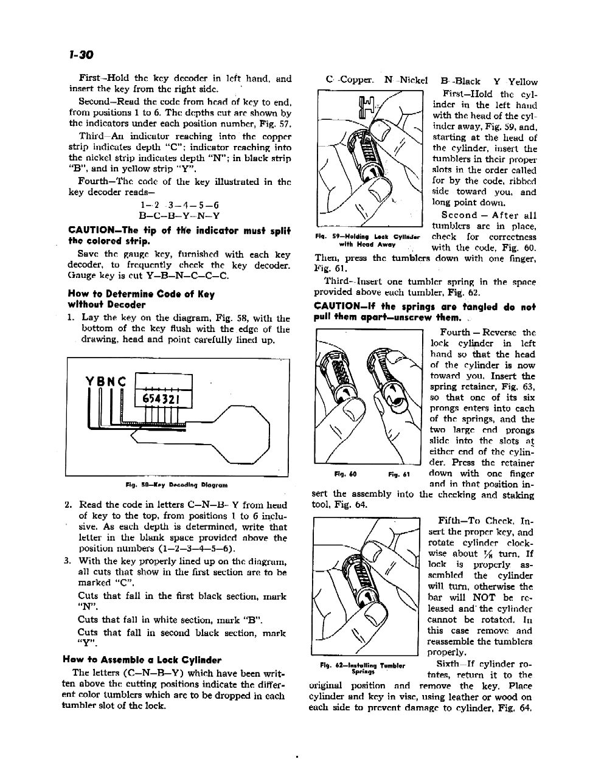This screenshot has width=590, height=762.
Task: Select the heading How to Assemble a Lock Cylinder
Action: tap(142, 660)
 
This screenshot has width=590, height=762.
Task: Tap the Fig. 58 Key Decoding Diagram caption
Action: tap(176, 485)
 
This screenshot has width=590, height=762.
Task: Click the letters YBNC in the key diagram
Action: tap(106, 382)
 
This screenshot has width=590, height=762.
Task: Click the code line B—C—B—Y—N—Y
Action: tap(179, 215)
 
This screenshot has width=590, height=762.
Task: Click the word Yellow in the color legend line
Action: tap(522, 81)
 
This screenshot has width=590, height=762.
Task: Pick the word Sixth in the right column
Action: tap(450, 664)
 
